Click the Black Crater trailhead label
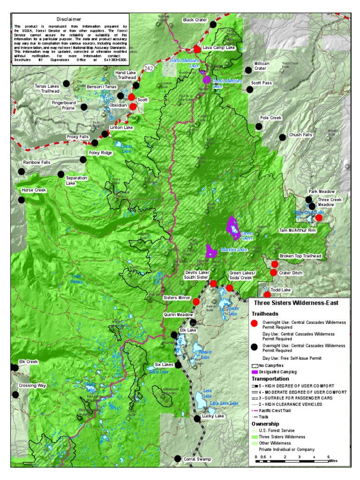tap(195, 20)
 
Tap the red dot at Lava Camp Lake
tap(197, 49)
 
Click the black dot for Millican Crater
tap(248, 70)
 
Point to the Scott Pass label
tap(261, 83)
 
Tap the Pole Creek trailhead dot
tap(258, 127)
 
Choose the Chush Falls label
tap(300, 135)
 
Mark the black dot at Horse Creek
tap(21, 200)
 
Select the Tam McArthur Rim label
tap(298, 231)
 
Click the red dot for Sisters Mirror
tap(196, 301)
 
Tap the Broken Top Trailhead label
tap(300, 256)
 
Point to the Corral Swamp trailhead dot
tap(177, 459)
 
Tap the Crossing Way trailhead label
tap(32, 385)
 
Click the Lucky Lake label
tap(213, 416)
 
